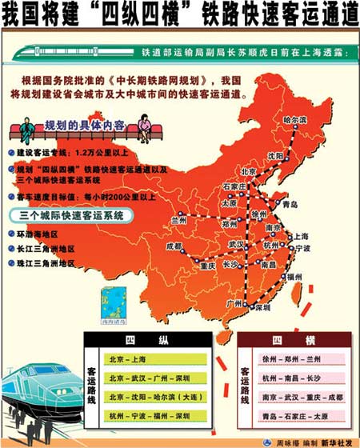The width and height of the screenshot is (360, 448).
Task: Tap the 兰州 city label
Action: pyautogui.click(x=178, y=219)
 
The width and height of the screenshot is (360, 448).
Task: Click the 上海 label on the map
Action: pyautogui.click(x=302, y=237)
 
